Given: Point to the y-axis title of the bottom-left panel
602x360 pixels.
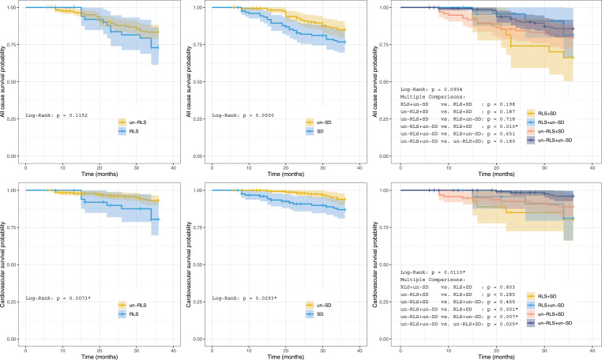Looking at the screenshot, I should pos(6,264).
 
